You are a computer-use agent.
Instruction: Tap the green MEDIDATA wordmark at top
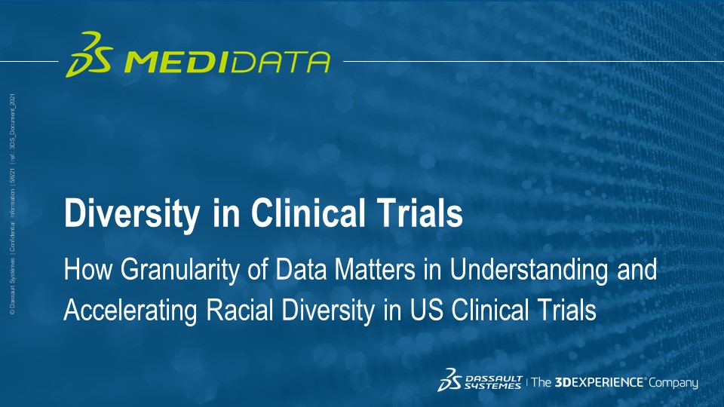[x=225, y=61]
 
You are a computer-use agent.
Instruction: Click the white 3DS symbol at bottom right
[x=450, y=381]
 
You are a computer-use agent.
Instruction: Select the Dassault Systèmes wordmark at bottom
[x=493, y=382]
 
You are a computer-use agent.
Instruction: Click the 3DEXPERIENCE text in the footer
[x=600, y=383]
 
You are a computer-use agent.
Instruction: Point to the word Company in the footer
[x=674, y=384]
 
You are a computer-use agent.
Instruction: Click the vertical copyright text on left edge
[x=14, y=203]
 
